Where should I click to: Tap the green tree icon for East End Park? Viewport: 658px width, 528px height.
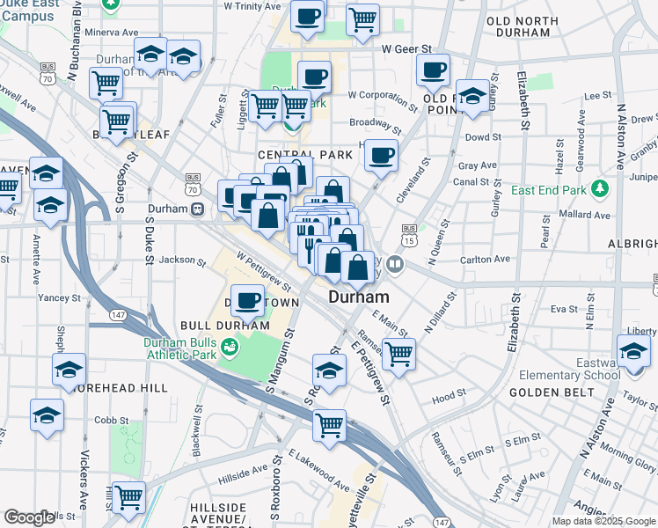[x=600, y=188]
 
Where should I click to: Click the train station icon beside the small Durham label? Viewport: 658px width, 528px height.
[x=199, y=209]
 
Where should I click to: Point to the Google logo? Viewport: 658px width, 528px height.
[x=29, y=517]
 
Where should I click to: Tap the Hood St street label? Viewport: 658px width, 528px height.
[x=449, y=398]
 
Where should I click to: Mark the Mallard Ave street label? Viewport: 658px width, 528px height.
[x=584, y=214]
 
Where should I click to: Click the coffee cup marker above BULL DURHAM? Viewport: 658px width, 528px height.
[x=248, y=301]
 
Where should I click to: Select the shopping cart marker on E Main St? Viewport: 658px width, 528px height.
[x=398, y=354]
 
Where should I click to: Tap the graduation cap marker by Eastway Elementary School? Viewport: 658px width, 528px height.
[x=633, y=351]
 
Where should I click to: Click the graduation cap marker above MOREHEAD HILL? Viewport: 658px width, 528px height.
[x=69, y=370]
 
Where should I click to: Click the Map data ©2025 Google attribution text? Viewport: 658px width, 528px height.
[x=603, y=521]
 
